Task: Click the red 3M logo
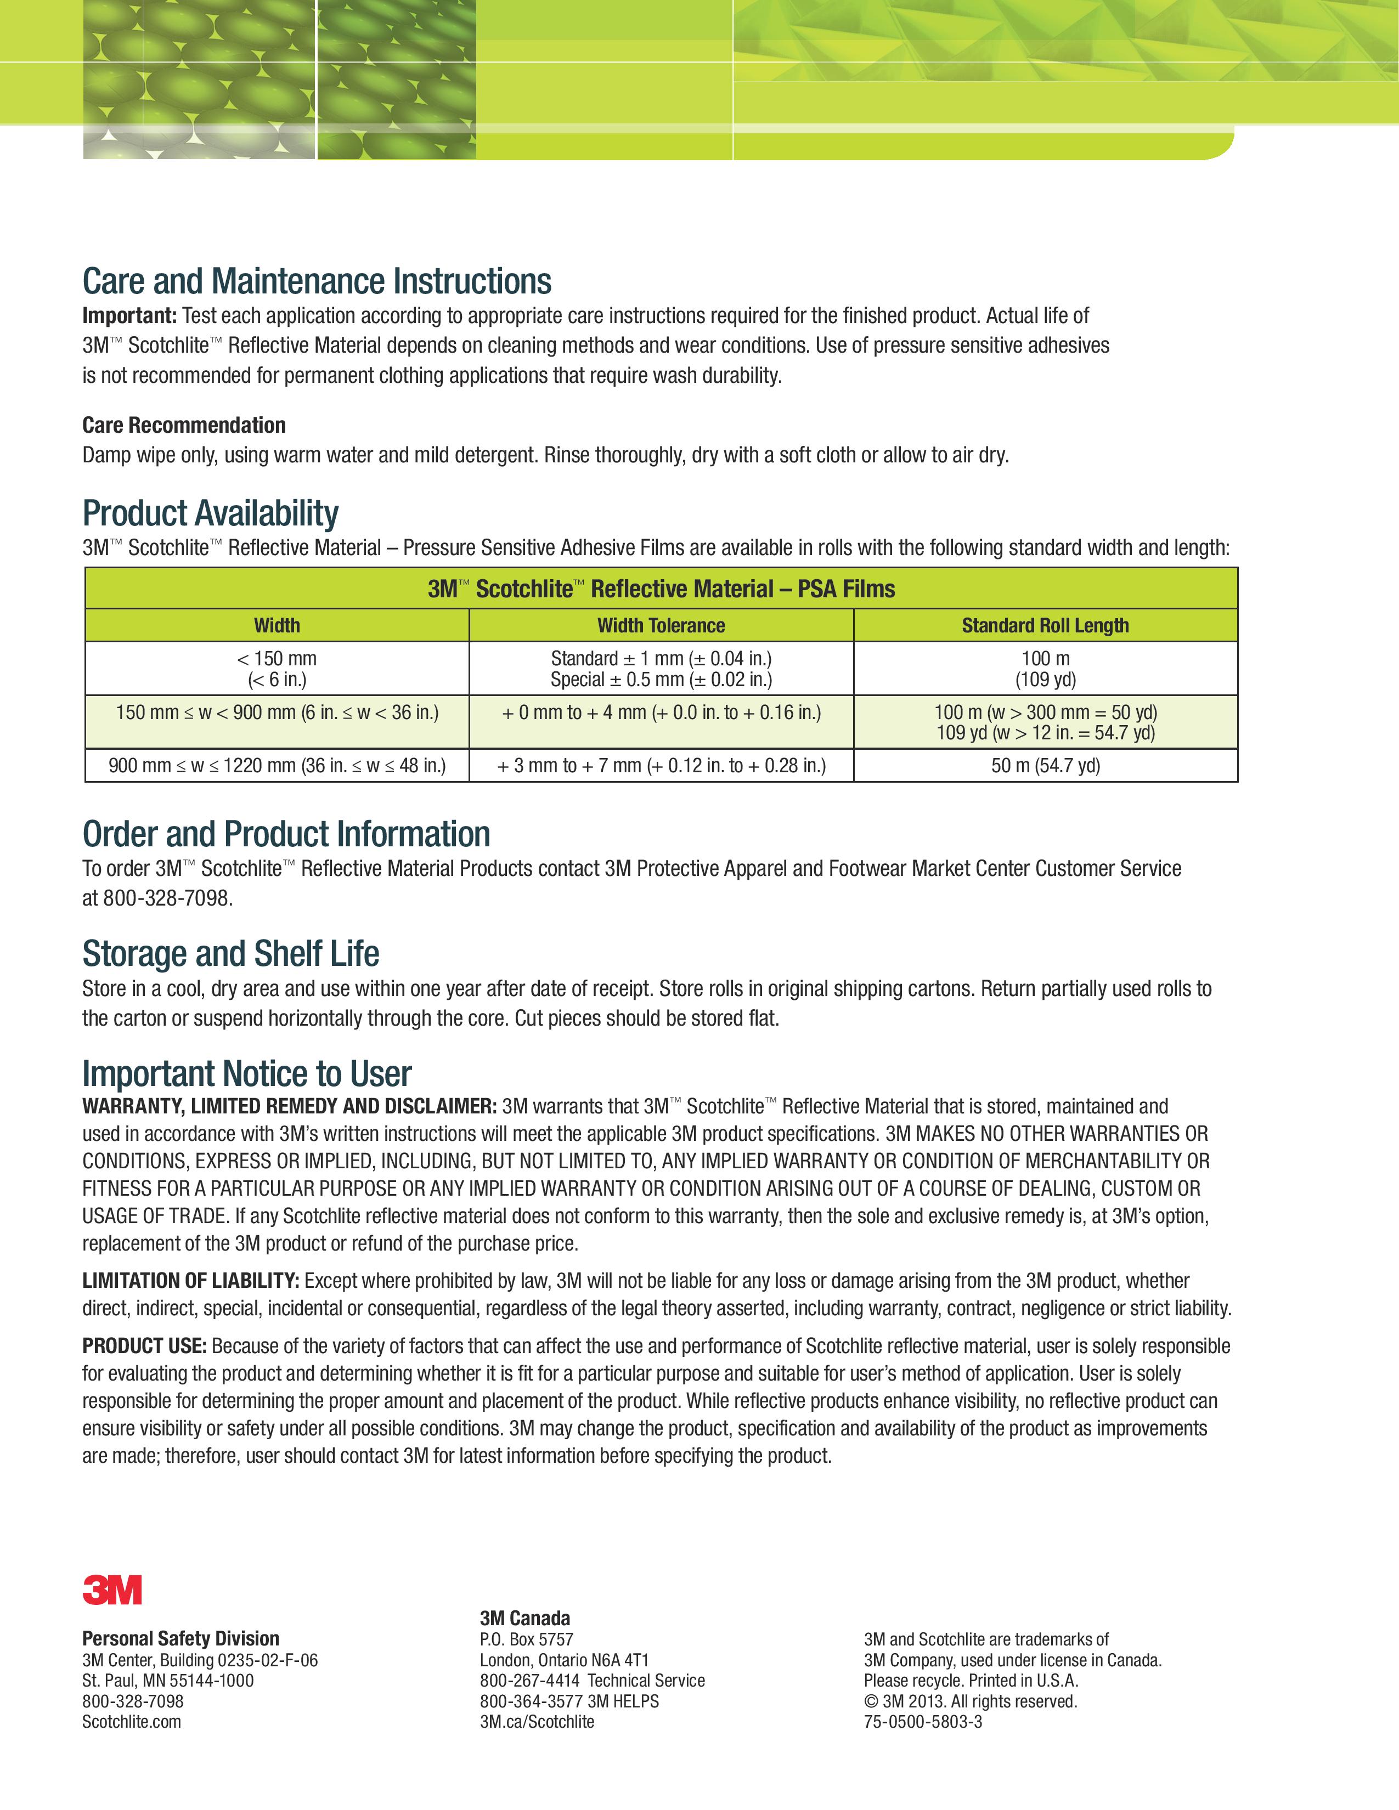(x=112, y=1590)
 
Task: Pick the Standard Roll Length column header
(x=1045, y=626)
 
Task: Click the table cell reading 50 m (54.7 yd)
(x=1045, y=765)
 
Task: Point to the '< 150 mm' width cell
(x=277, y=668)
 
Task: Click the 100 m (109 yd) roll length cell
(x=1045, y=668)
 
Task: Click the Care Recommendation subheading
(x=184, y=425)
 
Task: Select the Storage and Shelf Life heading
(x=230, y=953)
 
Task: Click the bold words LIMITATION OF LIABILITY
(x=190, y=1280)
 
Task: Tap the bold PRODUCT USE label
(x=144, y=1346)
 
